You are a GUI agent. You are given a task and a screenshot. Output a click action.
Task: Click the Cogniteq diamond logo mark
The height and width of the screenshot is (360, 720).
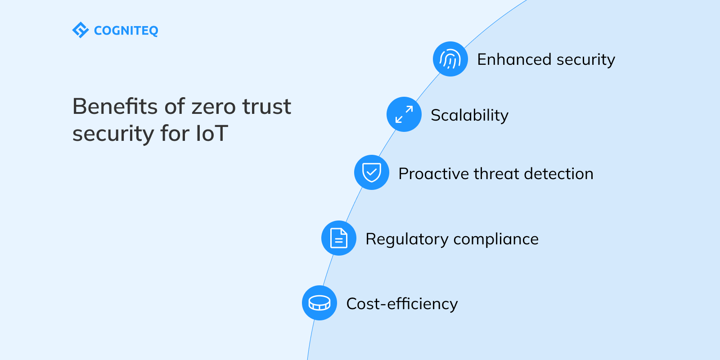pos(80,30)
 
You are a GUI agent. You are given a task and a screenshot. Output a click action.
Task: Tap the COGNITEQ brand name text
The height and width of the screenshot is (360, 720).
pos(126,31)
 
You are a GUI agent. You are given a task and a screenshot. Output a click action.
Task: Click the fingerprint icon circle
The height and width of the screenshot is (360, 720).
pos(450,59)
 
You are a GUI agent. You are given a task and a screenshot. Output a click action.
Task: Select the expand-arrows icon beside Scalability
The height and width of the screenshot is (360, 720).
pos(404,114)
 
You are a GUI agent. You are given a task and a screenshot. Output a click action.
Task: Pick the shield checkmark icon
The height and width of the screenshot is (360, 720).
pos(372,172)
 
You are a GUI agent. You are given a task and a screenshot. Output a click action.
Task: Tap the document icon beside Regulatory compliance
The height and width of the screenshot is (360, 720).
pos(339,238)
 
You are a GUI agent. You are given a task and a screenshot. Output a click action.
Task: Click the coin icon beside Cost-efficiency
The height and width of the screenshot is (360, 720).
pos(319,303)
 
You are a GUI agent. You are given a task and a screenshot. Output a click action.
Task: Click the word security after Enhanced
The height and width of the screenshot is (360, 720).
pos(585,60)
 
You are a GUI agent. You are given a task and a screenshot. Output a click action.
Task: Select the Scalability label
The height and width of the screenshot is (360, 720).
pos(469,116)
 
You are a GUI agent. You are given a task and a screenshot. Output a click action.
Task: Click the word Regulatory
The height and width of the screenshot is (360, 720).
pos(407,239)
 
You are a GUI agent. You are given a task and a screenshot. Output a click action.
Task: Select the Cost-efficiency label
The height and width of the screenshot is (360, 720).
pos(402,304)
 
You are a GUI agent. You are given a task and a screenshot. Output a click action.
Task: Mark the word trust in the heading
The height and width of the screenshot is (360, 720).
pos(267,107)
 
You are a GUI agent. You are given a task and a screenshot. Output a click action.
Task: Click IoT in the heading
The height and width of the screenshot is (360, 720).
pos(212,134)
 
